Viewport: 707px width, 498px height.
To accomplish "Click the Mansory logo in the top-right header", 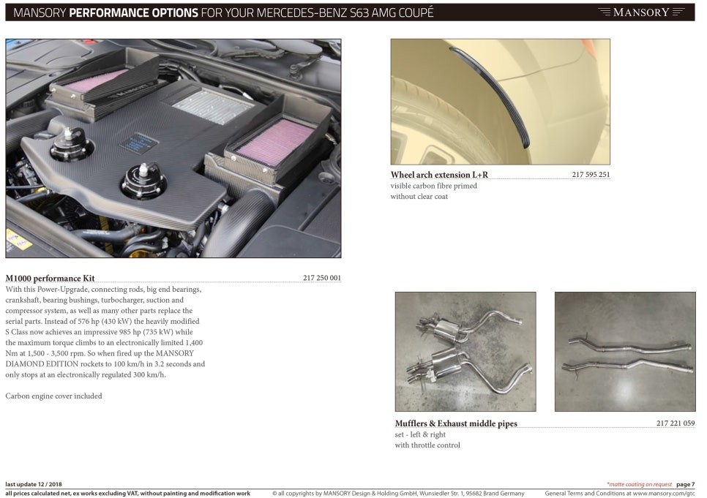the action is [x=640, y=12].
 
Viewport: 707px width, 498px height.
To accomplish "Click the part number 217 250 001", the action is [x=322, y=278].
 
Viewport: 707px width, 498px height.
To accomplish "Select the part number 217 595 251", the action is [x=591, y=175].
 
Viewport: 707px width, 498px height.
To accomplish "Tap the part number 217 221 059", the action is [x=676, y=423].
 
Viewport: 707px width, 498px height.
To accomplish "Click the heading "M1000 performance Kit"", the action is [x=50, y=278].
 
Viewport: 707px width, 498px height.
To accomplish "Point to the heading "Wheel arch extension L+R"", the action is [x=439, y=175].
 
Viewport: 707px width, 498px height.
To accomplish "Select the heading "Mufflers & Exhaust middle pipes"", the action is [x=456, y=423].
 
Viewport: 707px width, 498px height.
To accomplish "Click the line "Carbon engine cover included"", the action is [x=53, y=396].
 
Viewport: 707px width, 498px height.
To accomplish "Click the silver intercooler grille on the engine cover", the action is [x=212, y=106].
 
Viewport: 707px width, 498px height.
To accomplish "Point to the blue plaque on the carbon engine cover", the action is [x=138, y=143].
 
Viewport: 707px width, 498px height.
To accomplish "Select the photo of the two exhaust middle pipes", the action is [x=625, y=352].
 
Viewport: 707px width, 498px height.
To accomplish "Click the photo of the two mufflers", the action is [x=465, y=352].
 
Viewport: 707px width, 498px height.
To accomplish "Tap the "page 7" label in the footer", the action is [x=685, y=485].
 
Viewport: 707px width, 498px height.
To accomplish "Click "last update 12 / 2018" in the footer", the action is [x=34, y=485].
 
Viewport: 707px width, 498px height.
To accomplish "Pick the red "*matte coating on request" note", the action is [x=639, y=485].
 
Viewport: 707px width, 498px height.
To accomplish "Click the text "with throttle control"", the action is [x=427, y=445].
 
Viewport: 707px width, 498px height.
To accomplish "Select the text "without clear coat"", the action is [x=419, y=197].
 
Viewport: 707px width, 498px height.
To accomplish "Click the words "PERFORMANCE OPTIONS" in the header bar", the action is [x=133, y=12].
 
